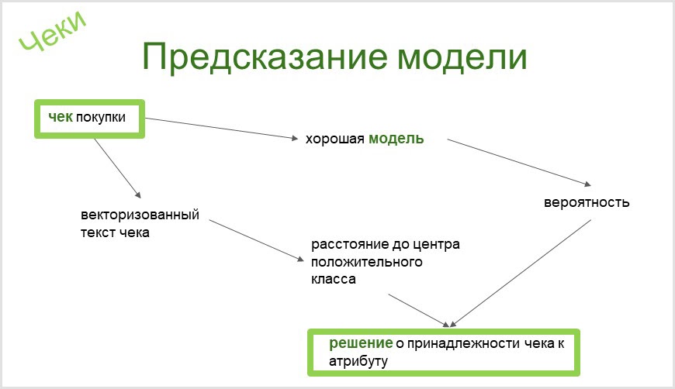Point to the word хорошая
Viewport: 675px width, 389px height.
334,139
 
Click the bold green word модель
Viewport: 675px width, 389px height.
396,139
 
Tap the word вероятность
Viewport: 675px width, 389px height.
587,203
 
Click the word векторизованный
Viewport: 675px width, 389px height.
140,215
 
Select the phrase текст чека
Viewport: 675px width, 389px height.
115,232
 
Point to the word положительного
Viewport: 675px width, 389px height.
367,262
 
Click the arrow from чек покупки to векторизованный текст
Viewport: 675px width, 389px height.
116,168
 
